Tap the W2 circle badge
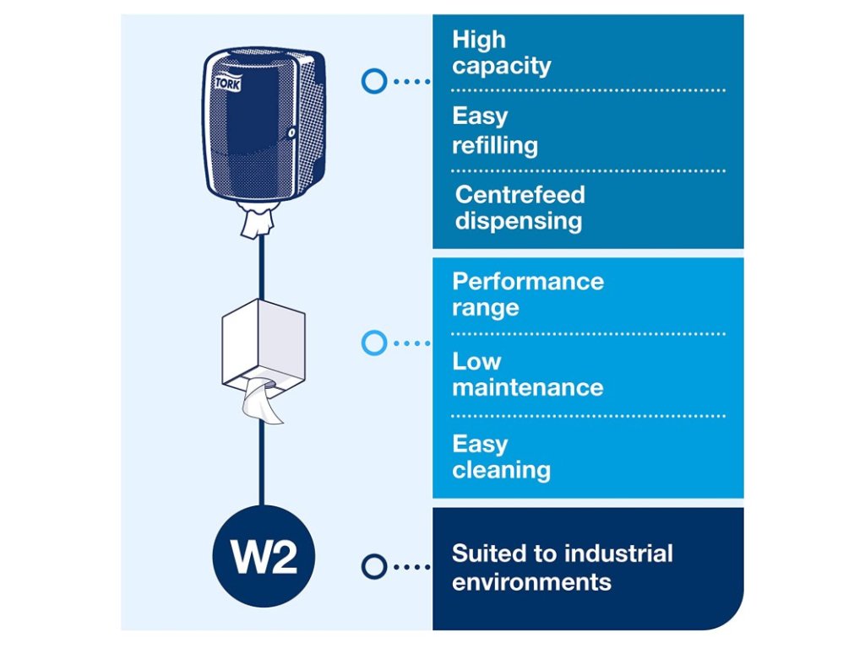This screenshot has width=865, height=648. point(263,558)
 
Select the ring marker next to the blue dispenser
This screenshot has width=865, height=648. point(373,81)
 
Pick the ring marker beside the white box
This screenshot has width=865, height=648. point(373,343)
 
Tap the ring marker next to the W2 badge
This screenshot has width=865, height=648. point(373,566)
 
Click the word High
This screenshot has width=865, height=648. point(479,40)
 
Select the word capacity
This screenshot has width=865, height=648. point(501,66)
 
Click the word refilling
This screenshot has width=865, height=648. point(494,145)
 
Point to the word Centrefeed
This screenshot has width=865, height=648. point(520,195)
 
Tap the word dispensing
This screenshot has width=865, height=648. point(518,221)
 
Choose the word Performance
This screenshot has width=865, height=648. point(528,281)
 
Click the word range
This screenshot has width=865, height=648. point(485,308)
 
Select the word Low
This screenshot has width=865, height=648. point(476,362)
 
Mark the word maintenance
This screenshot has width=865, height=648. point(527,388)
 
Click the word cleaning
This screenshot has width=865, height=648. point(501,470)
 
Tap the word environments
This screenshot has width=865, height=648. point(531,581)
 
